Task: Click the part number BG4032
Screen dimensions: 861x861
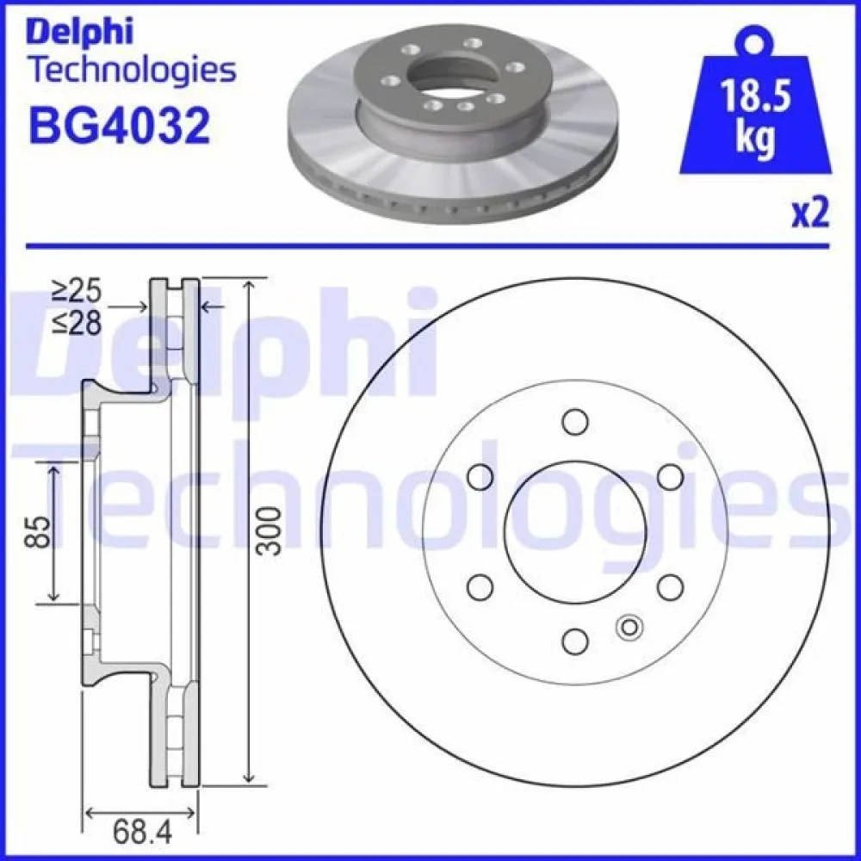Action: click(x=119, y=125)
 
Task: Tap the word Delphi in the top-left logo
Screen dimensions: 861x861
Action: click(x=81, y=32)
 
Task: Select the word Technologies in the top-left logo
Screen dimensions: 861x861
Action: click(x=132, y=71)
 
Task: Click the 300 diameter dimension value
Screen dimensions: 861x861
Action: click(x=269, y=530)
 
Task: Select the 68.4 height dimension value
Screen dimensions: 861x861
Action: click(x=144, y=833)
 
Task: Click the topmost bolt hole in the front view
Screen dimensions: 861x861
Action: click(x=575, y=422)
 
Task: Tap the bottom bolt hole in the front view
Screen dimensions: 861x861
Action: click(x=575, y=641)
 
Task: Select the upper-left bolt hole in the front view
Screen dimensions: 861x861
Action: click(x=480, y=476)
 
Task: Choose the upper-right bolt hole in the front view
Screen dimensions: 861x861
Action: click(x=670, y=476)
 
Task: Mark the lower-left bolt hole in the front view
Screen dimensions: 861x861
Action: click(x=480, y=586)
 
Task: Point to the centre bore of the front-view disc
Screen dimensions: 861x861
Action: click(x=575, y=531)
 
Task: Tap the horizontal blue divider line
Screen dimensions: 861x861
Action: click(x=430, y=246)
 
